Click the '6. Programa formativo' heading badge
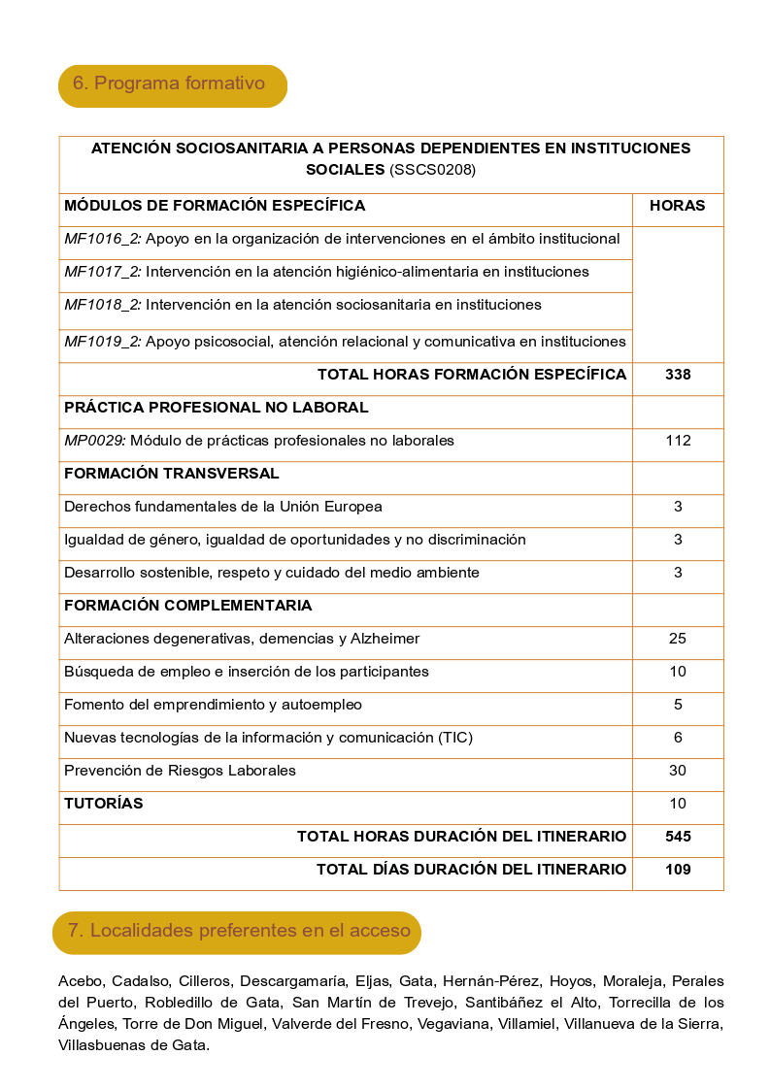pos(172,84)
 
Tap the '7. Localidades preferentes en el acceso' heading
pos(238,931)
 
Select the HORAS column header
pos(677,206)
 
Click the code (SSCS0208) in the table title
pos(432,170)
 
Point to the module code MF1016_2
pos(102,239)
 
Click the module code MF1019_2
pos(102,342)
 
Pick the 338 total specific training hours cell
pos(678,375)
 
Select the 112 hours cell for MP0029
pos(678,441)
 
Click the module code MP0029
pos(94,441)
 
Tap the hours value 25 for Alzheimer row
pos(678,639)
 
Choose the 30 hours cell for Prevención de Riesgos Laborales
pos(678,771)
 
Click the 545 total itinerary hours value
pos(678,837)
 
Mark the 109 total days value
pos(678,870)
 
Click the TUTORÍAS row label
pos(103,804)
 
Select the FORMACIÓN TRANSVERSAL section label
pos(171,474)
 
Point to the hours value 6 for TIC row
pos(678,738)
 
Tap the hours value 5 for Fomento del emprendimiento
pos(678,705)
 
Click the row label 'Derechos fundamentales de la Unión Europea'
pos(222,507)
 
